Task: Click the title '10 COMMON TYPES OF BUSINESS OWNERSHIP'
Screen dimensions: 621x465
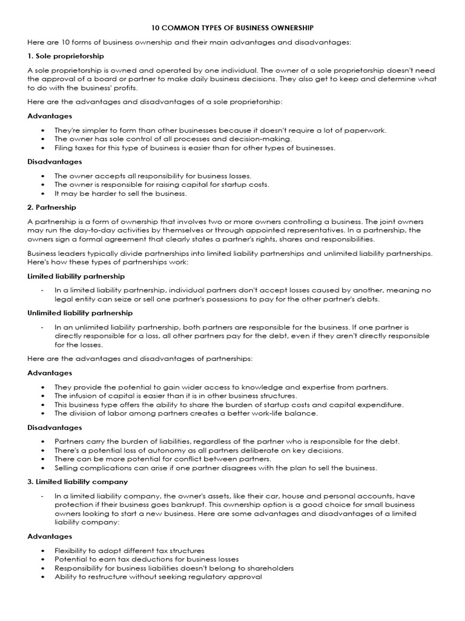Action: point(232,28)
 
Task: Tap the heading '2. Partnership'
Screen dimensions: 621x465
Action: point(50,207)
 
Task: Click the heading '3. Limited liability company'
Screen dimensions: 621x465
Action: point(77,482)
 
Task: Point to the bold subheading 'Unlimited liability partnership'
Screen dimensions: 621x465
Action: point(80,313)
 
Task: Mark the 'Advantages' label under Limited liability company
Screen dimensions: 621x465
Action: point(50,536)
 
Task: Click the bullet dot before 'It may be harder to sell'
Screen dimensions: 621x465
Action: point(42,193)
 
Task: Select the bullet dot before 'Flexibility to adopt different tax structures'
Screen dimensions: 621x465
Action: point(42,550)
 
